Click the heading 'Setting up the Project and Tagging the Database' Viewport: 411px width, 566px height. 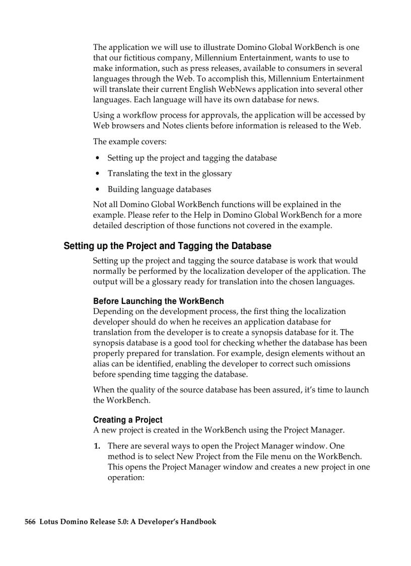tap(167, 246)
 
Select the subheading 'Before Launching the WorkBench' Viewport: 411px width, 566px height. tap(158, 301)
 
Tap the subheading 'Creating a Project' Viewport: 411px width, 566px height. tap(128, 420)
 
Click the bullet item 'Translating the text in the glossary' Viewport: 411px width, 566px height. tap(169, 173)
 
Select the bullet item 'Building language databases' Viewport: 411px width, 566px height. tap(159, 190)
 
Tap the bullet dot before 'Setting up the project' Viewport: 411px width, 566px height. tap(97, 158)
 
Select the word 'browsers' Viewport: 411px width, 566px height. tap(126, 125)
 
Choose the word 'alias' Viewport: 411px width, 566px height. tap(102, 363)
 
